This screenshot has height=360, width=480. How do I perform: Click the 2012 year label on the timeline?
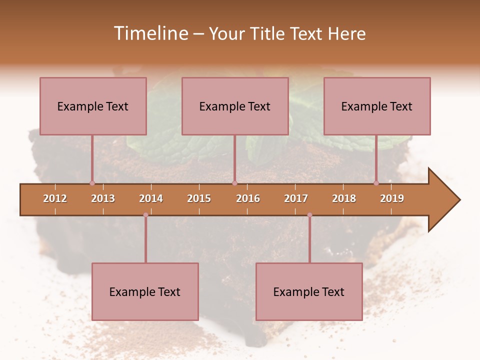pyautogui.click(x=55, y=198)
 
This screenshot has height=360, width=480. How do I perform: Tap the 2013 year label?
pyautogui.click(x=103, y=198)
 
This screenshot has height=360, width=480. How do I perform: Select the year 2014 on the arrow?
pyautogui.click(x=151, y=198)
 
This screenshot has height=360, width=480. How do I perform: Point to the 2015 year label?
pyautogui.click(x=199, y=198)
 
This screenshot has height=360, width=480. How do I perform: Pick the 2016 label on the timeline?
pyautogui.click(x=248, y=198)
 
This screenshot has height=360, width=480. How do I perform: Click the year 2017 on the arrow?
pyautogui.click(x=296, y=198)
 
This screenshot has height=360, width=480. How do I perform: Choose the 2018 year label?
pyautogui.click(x=344, y=198)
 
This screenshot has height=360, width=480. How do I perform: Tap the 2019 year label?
pyautogui.click(x=392, y=198)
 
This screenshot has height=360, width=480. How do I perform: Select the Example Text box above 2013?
pyautogui.click(x=93, y=106)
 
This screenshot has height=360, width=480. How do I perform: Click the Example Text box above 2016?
pyautogui.click(x=235, y=106)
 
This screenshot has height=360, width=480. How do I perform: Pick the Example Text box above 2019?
pyautogui.click(x=377, y=106)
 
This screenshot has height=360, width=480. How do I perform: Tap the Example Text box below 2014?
pyautogui.click(x=145, y=291)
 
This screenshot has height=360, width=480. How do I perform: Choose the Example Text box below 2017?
pyautogui.click(x=309, y=291)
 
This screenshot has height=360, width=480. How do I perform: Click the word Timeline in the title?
pyautogui.click(x=149, y=33)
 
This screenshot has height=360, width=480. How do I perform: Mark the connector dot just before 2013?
pyautogui.click(x=92, y=183)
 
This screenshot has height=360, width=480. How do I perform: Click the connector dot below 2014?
pyautogui.click(x=145, y=215)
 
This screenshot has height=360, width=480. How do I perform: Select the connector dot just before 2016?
pyautogui.click(x=234, y=183)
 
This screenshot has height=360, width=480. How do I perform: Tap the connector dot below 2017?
pyautogui.click(x=309, y=215)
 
